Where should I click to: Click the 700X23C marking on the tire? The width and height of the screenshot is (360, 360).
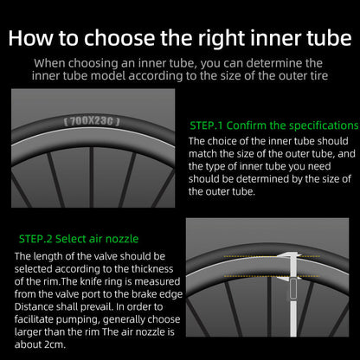[92, 121]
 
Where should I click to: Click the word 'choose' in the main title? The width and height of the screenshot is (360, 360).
[119, 38]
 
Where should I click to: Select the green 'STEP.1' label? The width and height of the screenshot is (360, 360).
[206, 125]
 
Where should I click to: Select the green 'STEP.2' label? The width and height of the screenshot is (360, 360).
[35, 239]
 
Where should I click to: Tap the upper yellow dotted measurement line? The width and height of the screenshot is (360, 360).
[272, 256]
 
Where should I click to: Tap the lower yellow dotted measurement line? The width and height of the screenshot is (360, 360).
[272, 276]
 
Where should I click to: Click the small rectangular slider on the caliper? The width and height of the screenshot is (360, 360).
[293, 289]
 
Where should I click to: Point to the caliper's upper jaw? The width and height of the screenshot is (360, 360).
[288, 255]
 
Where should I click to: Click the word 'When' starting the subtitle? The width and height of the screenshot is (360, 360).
[49, 63]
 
